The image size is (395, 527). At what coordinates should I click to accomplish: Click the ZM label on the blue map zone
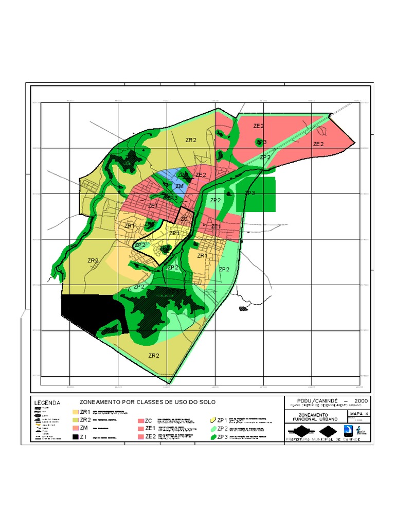pos(179,186)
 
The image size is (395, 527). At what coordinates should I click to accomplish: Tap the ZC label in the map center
pos(184,219)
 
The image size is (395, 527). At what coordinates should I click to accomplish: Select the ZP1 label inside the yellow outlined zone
pos(174,233)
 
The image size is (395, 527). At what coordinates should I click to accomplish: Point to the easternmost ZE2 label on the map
pos(319,144)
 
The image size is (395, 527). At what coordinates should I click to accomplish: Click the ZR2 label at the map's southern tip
pos(154,355)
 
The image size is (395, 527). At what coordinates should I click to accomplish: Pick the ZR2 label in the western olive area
pos(93,260)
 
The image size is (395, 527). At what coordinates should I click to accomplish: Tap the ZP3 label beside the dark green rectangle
pos(250,193)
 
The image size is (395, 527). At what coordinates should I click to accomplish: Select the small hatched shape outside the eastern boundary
pos(243,309)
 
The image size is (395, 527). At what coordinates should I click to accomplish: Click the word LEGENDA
pos(47,402)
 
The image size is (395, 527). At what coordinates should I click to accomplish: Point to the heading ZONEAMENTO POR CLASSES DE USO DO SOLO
pos(148,401)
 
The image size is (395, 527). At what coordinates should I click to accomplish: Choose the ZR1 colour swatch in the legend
pos(76,412)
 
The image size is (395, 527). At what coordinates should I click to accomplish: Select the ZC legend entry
pos(149,420)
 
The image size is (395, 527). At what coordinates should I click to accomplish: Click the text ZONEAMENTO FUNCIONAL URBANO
pos(315,417)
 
